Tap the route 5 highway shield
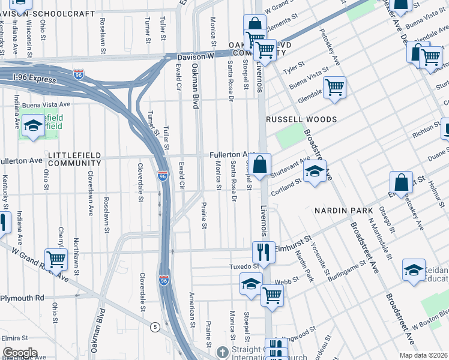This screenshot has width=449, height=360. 156,327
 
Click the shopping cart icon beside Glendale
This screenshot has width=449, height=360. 334,86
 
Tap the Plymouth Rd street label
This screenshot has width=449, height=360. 23,298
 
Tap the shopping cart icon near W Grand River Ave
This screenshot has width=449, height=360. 56,259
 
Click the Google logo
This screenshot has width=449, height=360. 20,353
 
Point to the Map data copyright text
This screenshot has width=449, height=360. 424,355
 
